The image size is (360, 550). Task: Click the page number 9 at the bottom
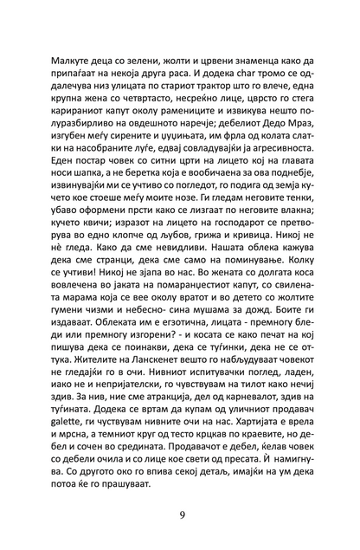click(x=180, y=515)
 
